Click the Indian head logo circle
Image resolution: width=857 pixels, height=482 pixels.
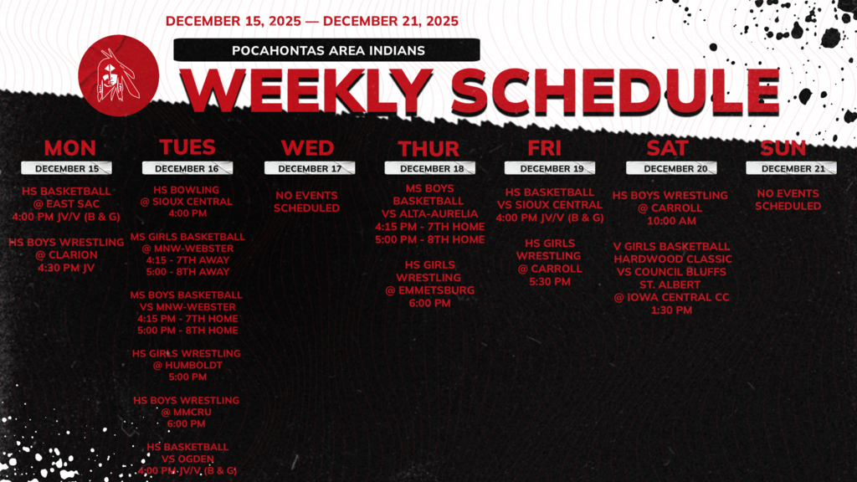(x=118, y=75)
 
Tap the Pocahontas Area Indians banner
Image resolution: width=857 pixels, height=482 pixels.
(x=327, y=50)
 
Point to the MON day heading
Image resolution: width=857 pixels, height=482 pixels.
(x=69, y=148)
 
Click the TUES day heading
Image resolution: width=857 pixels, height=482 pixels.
(x=187, y=147)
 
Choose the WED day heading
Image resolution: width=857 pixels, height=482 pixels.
(x=307, y=148)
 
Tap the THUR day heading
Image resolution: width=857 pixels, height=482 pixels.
(x=428, y=149)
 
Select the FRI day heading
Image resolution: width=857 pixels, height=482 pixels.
(x=544, y=148)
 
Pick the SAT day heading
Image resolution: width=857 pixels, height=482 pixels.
(x=667, y=148)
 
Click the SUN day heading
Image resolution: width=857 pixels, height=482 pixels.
(x=783, y=148)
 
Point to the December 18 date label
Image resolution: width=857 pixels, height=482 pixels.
(x=428, y=168)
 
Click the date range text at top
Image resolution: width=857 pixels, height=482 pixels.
(x=312, y=21)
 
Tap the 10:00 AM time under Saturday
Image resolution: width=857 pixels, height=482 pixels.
(x=670, y=222)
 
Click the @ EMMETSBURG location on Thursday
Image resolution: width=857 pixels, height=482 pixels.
(x=429, y=290)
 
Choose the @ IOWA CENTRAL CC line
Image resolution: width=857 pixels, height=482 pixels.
(x=671, y=297)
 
